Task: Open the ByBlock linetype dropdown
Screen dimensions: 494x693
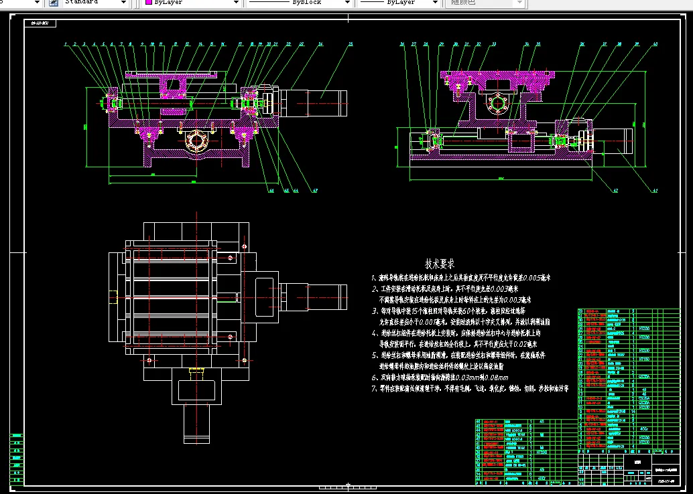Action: [298, 3]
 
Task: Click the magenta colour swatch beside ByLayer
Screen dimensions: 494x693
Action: [148, 3]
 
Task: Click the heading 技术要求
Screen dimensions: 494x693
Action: [440, 264]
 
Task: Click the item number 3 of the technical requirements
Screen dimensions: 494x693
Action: [375, 311]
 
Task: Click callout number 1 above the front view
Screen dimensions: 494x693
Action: [66, 44]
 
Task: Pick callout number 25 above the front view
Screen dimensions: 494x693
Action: [350, 44]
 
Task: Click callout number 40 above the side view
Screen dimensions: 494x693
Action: [655, 44]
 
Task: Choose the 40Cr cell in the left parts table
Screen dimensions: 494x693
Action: [540, 479]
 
